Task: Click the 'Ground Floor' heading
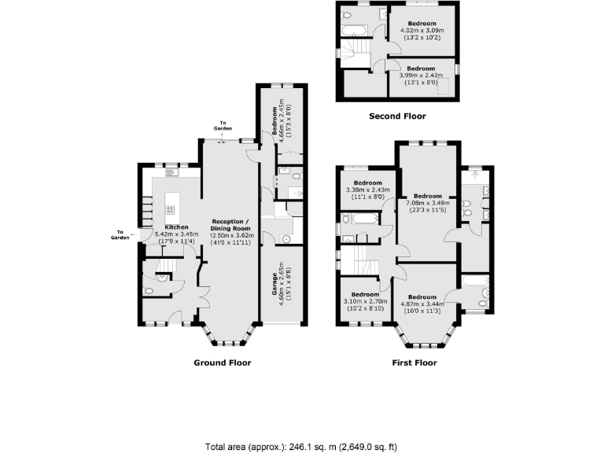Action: pos(222,363)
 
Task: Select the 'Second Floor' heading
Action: pos(397,116)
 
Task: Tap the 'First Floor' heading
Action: pos(414,363)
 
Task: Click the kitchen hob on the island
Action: pos(168,209)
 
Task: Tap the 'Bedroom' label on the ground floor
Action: pos(275,123)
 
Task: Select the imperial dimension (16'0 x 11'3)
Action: pos(429,308)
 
